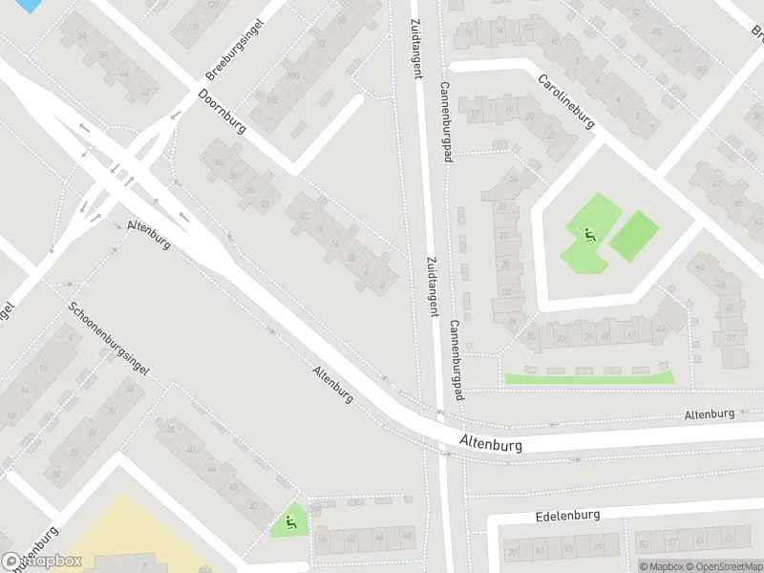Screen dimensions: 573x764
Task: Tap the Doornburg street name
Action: click(x=222, y=112)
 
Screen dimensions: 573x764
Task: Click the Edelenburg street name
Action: click(x=567, y=516)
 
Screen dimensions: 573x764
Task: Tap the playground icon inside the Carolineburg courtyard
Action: click(x=587, y=233)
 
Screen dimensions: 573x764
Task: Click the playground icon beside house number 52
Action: click(x=289, y=521)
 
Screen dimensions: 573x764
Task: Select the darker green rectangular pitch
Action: click(x=634, y=236)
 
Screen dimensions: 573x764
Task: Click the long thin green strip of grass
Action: click(x=588, y=379)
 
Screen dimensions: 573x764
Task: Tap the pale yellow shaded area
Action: click(x=124, y=535)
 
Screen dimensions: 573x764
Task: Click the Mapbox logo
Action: click(x=42, y=562)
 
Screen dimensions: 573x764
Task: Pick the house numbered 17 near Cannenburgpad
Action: click(x=476, y=114)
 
